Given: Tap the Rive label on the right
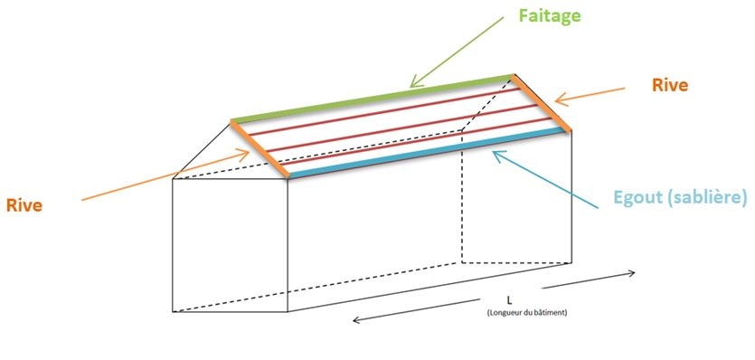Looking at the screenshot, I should (x=670, y=85).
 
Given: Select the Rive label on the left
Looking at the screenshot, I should (x=24, y=204).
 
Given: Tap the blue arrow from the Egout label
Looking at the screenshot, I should (x=543, y=180).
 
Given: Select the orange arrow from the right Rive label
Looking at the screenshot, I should (x=588, y=94).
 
